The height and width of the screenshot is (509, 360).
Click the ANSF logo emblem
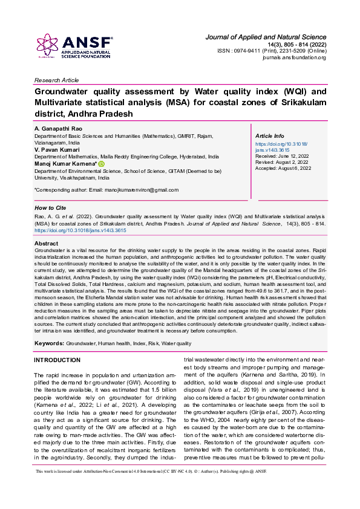[47, 46]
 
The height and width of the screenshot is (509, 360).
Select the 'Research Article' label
[56, 80]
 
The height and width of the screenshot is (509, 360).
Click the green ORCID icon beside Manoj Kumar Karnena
[102, 164]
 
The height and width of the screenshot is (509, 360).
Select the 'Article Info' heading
[270, 136]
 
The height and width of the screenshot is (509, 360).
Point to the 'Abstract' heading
[47, 243]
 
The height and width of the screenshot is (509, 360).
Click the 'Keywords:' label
[50, 343]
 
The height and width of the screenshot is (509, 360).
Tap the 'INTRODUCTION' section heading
[57, 360]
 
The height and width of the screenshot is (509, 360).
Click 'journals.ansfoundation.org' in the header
[293, 57]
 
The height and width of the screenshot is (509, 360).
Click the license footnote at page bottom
[151, 488]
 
